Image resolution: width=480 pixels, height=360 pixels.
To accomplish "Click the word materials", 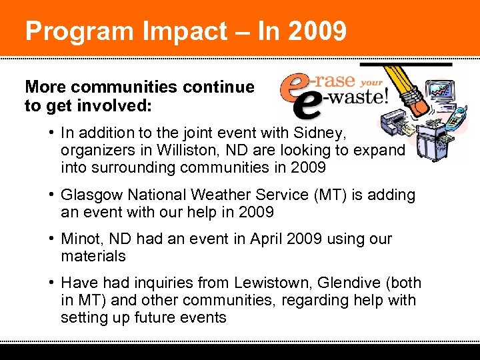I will [93, 256].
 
